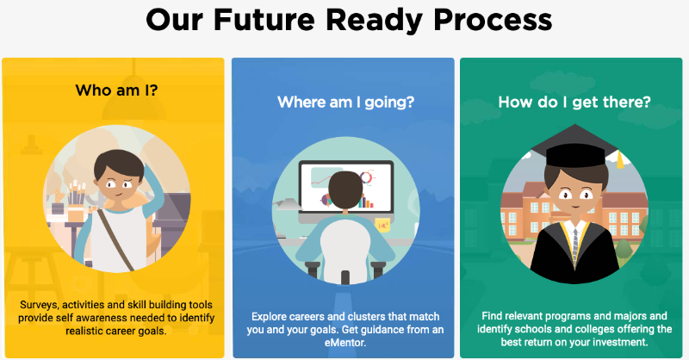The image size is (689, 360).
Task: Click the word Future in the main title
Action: pyautogui.click(x=264, y=20)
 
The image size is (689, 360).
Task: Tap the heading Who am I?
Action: pyautogui.click(x=116, y=90)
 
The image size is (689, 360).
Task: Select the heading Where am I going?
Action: pyautogui.click(x=346, y=102)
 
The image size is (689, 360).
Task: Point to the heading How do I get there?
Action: pyautogui.click(x=574, y=102)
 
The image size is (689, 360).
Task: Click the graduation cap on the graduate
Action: pyautogui.click(x=574, y=146)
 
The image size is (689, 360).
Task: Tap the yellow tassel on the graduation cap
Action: pyautogui.click(x=619, y=159)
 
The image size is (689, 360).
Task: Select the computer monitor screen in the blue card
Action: pyautogui.click(x=346, y=187)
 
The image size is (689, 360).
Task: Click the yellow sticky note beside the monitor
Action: pyautogui.click(x=382, y=226)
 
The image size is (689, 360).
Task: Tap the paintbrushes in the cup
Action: pyautogui.click(x=75, y=193)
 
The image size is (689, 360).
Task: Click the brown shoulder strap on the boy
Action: pyautogui.click(x=116, y=240)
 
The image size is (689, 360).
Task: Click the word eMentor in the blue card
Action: pyautogui.click(x=345, y=343)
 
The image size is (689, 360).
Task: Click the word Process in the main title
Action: pyautogui.click(x=493, y=21)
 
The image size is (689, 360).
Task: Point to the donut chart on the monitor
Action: pyautogui.click(x=366, y=177)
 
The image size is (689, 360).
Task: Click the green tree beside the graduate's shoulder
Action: pyautogui.click(x=624, y=251)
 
